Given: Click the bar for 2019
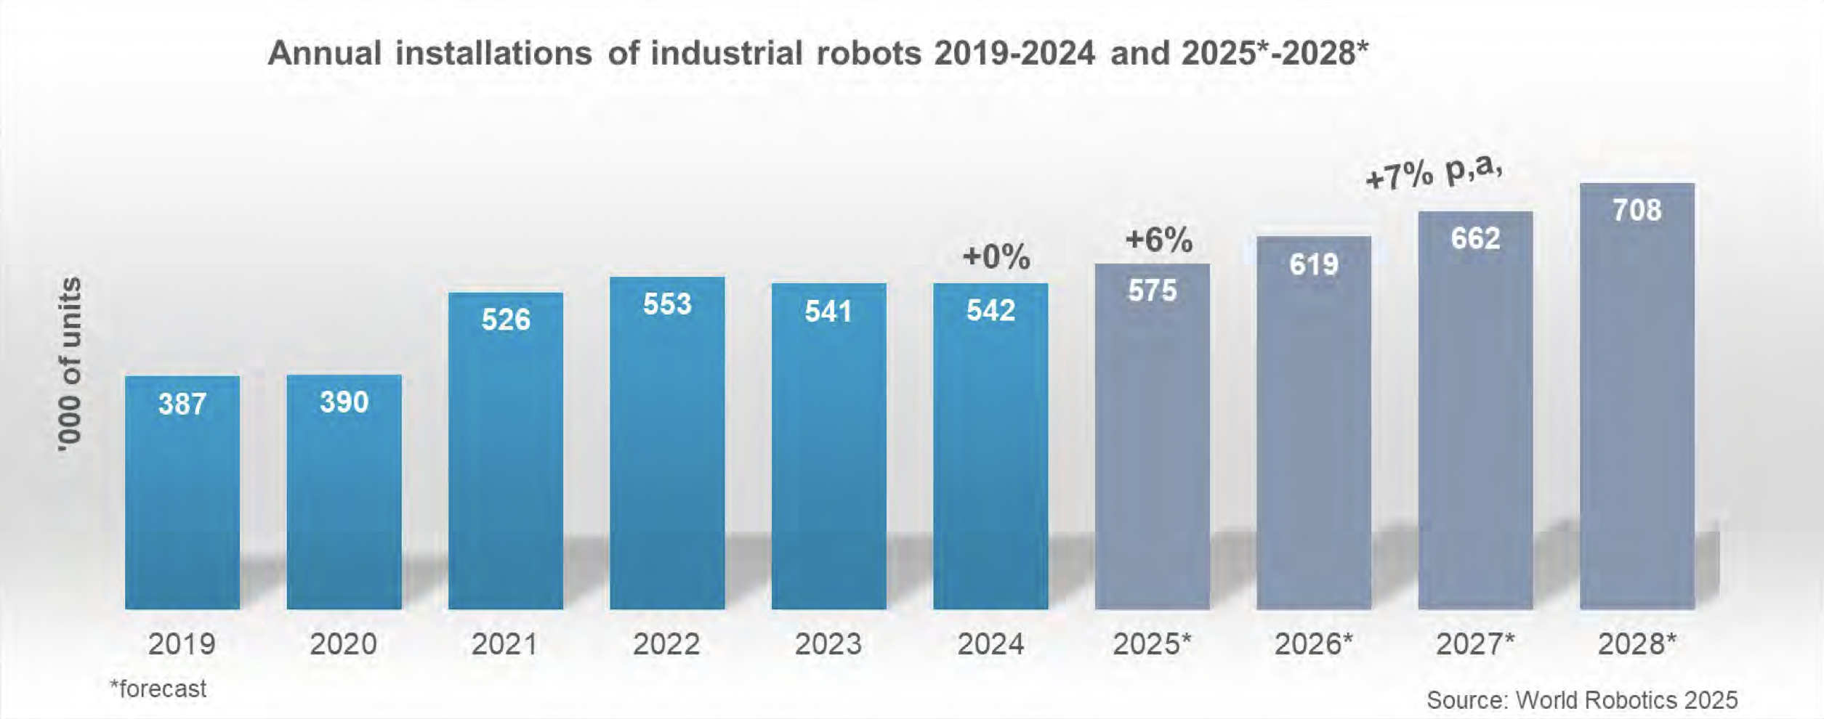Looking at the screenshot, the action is [x=182, y=492].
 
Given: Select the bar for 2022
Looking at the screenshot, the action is [x=667, y=443].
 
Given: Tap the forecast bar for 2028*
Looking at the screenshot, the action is [x=1637, y=396].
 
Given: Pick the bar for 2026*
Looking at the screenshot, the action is [x=1314, y=423].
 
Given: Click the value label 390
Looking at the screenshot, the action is [x=344, y=402].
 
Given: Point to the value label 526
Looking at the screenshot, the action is [x=506, y=320].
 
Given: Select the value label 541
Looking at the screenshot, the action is [x=828, y=311].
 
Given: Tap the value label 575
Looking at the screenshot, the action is [x=1152, y=291].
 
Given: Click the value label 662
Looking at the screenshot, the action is [x=1475, y=238].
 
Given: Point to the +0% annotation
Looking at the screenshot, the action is [x=996, y=257].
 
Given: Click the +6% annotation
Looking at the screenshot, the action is [x=1158, y=240].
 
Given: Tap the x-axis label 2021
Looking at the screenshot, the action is [x=504, y=644].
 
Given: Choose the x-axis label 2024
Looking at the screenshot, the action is [x=990, y=644].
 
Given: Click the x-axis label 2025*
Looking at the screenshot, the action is [x=1153, y=644].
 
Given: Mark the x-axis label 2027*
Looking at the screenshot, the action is [x=1476, y=644].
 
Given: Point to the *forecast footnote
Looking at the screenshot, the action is [x=158, y=688].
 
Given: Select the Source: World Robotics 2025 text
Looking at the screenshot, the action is [x=1582, y=700].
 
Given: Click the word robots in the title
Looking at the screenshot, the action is [x=869, y=53].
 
